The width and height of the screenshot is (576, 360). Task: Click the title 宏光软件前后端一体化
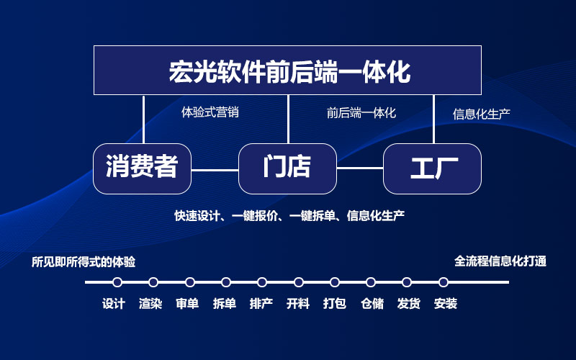[x=289, y=71]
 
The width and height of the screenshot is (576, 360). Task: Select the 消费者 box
[x=142, y=168]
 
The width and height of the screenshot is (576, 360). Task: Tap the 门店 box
[x=287, y=168]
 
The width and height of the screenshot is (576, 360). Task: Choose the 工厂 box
[x=433, y=168]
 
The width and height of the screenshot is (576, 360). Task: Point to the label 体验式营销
[x=210, y=112]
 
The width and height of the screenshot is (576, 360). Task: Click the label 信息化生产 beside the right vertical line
[x=481, y=114]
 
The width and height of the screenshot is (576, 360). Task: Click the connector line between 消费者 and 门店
[x=215, y=170]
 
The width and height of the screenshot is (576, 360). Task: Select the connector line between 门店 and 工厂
[x=360, y=168]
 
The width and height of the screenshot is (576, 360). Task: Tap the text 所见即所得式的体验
[x=84, y=262]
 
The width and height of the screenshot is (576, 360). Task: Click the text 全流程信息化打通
[x=500, y=261]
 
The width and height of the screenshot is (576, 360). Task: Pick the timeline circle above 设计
[x=117, y=282]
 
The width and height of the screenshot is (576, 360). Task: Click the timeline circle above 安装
[x=444, y=282]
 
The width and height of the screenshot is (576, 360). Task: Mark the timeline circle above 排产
[x=262, y=282]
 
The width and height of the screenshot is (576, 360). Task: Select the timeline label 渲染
[x=150, y=304]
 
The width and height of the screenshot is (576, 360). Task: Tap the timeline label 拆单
[x=225, y=304]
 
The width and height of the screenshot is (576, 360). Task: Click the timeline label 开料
[x=298, y=304]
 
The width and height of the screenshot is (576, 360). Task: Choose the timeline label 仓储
[x=372, y=304]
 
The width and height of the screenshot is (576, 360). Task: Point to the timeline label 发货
[x=408, y=304]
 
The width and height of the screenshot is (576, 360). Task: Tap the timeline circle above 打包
[x=335, y=282]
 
